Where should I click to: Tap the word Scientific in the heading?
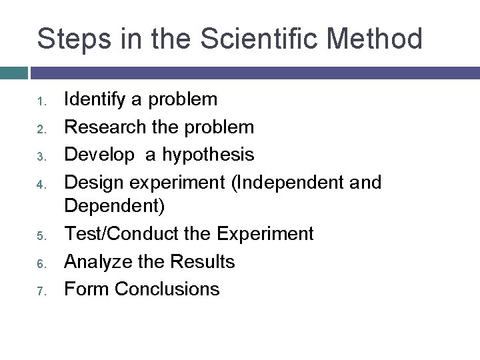coord(239,39)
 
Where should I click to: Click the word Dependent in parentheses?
coord(111,207)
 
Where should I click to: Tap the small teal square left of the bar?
coord(13,72)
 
